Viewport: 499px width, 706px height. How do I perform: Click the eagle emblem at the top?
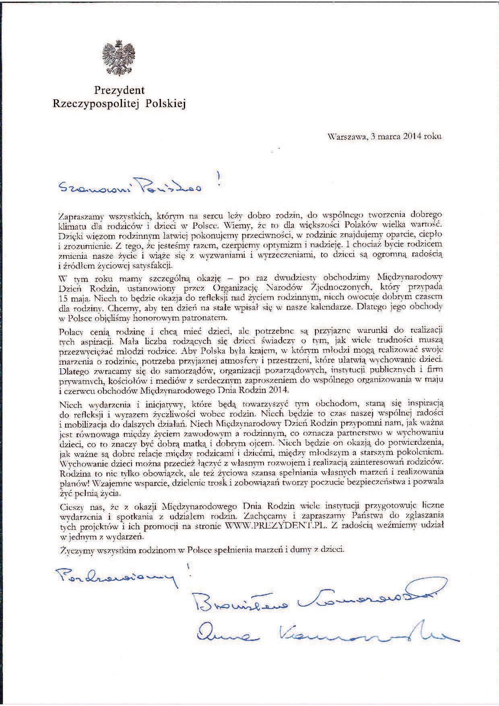coord(119,57)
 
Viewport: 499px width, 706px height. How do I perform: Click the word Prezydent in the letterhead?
coord(119,90)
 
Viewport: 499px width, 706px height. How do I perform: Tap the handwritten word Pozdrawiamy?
coord(117,577)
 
